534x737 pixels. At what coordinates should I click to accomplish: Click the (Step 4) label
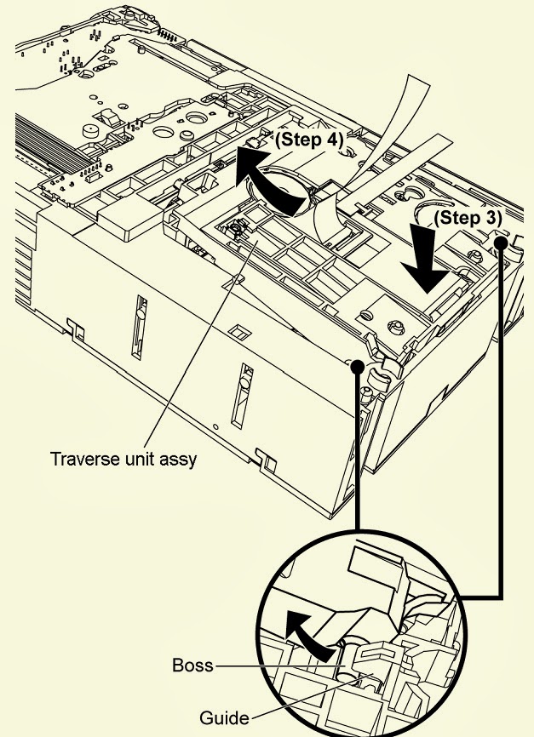(x=309, y=140)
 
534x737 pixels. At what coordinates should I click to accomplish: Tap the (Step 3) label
(x=468, y=218)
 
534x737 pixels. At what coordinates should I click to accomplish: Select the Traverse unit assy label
(x=123, y=459)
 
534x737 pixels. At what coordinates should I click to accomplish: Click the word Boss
(x=192, y=665)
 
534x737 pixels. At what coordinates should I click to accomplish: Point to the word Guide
(x=224, y=717)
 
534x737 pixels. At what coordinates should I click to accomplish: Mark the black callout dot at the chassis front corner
(x=358, y=366)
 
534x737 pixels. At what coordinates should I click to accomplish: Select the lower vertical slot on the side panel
(x=242, y=396)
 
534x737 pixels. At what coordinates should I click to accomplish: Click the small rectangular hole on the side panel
(x=239, y=331)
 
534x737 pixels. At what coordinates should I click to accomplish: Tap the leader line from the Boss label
(x=280, y=666)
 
